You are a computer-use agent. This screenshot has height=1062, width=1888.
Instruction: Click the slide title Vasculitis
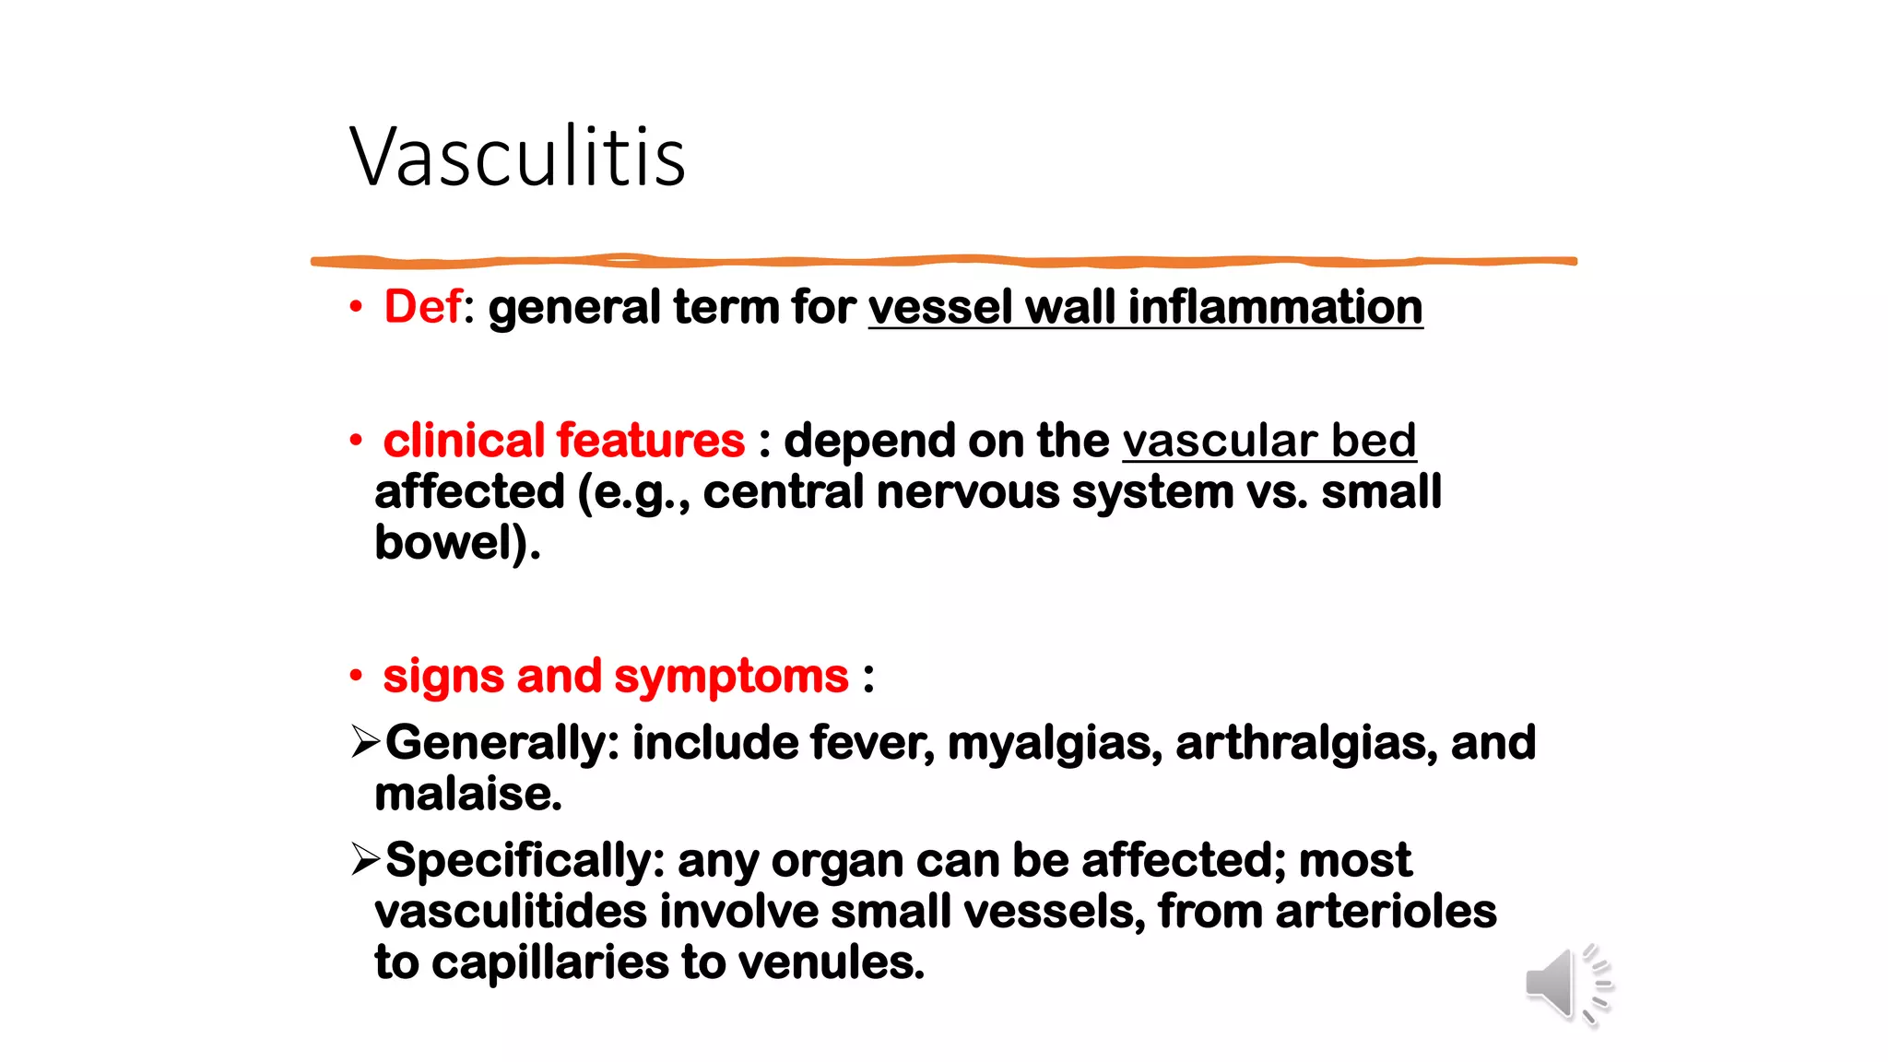pyautogui.click(x=517, y=157)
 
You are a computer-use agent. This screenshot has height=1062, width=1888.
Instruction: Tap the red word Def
pyautogui.click(x=422, y=307)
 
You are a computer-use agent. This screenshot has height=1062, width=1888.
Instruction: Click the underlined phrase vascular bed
pyautogui.click(x=1268, y=441)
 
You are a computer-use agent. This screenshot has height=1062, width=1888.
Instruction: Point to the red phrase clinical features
pyautogui.click(x=563, y=441)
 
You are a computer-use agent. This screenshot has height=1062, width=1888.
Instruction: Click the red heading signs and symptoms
pyautogui.click(x=615, y=676)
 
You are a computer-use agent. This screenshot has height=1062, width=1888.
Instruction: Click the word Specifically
pyautogui.click(x=517, y=861)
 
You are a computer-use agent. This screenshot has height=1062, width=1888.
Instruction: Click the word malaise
pyautogui.click(x=467, y=794)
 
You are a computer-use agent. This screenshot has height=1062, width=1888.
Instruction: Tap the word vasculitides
pyautogui.click(x=511, y=912)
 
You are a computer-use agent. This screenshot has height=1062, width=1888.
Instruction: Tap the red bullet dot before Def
pyautogui.click(x=356, y=308)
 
